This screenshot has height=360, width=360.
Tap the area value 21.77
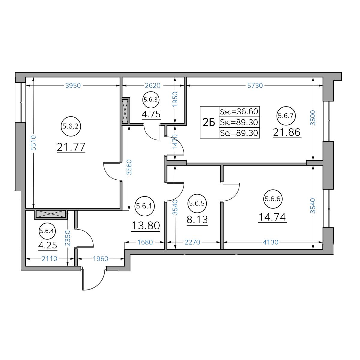click(x=71, y=147)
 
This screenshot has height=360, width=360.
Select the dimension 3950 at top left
click(x=73, y=85)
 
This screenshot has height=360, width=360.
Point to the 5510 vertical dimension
click(x=33, y=143)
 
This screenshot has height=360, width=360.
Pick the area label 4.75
click(x=151, y=114)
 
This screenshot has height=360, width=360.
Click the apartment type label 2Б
click(x=209, y=123)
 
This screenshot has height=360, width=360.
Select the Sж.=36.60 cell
click(x=239, y=112)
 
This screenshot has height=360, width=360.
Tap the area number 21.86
click(x=287, y=132)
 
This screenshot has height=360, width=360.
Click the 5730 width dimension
click(x=255, y=85)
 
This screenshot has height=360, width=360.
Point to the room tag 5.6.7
click(x=286, y=116)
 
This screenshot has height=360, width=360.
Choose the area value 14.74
click(x=272, y=217)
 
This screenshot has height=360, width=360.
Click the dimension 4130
click(x=271, y=242)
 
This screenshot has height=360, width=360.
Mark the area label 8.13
click(x=197, y=220)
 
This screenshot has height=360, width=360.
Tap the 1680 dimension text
click(x=145, y=242)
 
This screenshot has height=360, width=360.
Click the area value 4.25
click(x=48, y=245)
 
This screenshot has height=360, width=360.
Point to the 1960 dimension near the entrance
click(x=100, y=259)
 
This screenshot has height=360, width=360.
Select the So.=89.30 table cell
click(x=239, y=133)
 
